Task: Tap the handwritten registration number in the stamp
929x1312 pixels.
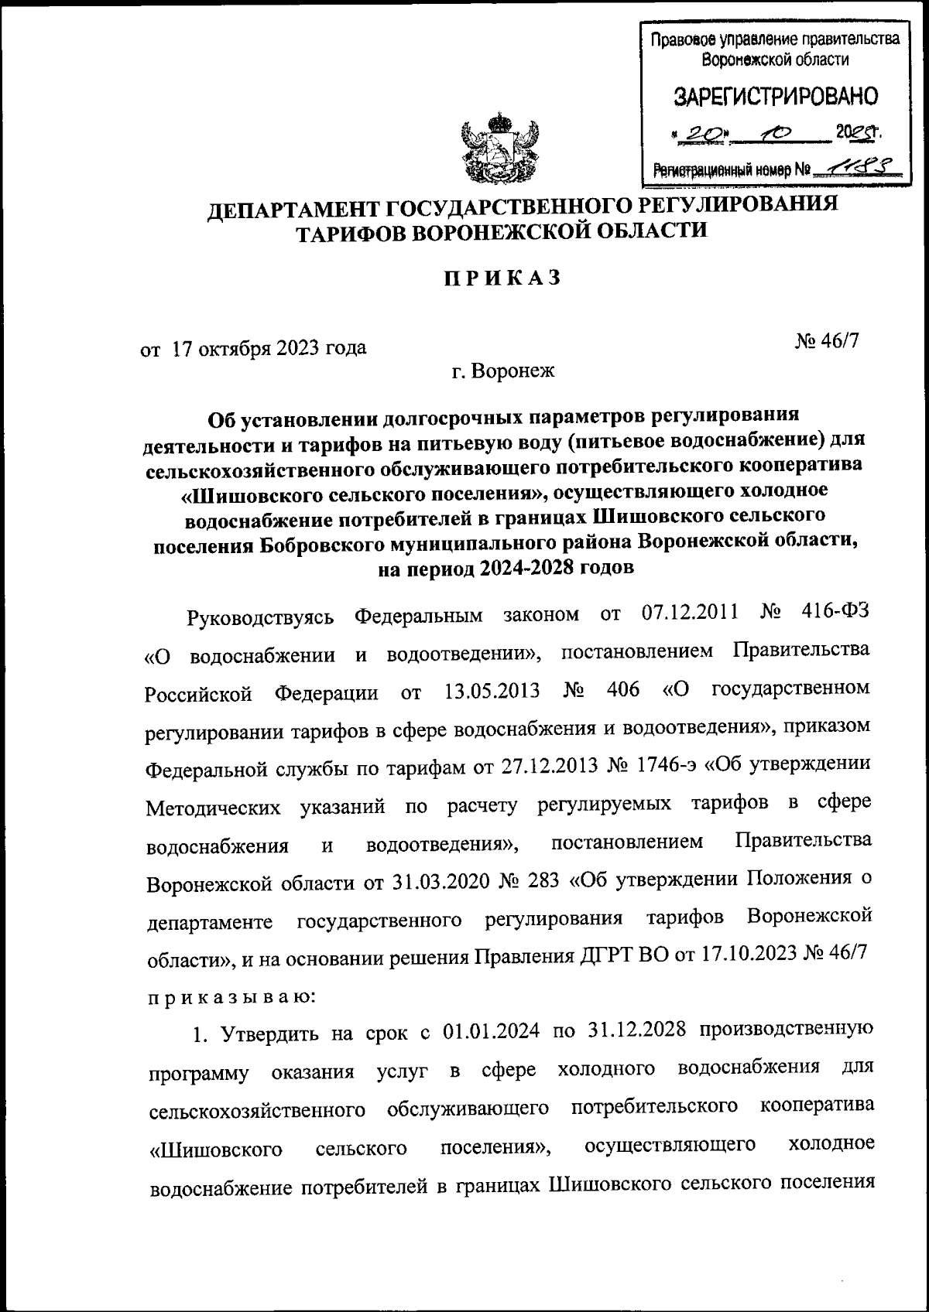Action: pos(861,165)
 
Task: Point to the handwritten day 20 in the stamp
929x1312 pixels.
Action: pos(701,134)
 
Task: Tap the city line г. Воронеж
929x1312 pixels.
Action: pos(504,371)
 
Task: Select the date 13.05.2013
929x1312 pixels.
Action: pos(492,690)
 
